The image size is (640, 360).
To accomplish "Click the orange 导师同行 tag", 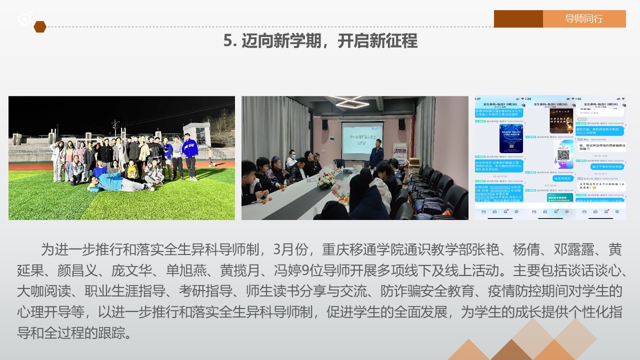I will pyautogui.click(x=584, y=19).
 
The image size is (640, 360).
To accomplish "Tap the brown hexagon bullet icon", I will pyautogui.click(x=40, y=27).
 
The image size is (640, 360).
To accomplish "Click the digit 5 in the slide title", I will pyautogui.click(x=228, y=41).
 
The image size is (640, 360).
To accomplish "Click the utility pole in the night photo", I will pyautogui.click(x=115, y=127).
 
